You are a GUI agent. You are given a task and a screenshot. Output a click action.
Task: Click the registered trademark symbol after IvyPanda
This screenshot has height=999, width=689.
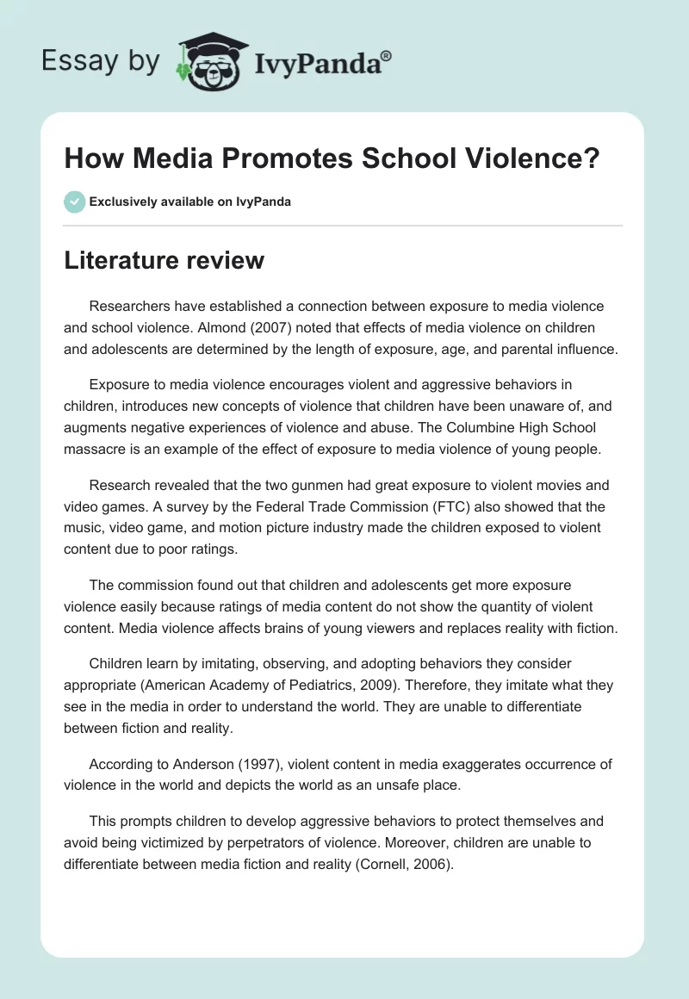coord(387,56)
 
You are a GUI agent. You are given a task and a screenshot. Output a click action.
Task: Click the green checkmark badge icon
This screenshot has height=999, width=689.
coord(74,202)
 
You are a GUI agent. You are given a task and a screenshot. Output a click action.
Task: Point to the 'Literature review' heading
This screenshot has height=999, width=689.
coord(164,259)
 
